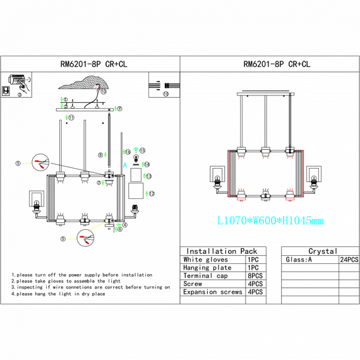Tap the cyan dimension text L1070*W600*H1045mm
point(270,220)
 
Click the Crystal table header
point(323,251)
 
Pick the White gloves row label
point(206,260)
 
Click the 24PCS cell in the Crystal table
point(349,260)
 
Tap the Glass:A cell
point(299,260)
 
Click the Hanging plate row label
point(208,268)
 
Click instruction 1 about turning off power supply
point(82,275)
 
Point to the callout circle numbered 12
point(152,193)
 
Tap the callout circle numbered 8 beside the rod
point(100,155)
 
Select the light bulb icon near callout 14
point(136,162)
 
